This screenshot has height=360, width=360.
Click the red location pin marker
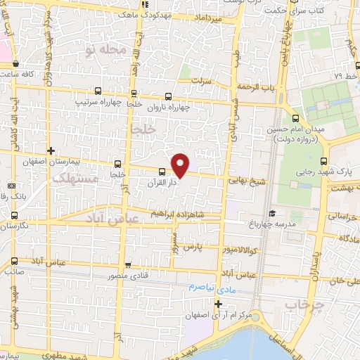coord(181,165)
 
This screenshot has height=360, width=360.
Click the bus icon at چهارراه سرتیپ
coord(97,91)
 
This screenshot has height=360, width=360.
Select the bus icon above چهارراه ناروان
coord(168,97)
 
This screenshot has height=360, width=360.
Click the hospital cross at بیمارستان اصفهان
coord(51,150)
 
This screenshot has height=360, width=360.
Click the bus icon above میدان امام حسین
coord(296,117)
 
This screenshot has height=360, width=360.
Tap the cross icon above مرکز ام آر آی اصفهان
coord(219,304)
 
